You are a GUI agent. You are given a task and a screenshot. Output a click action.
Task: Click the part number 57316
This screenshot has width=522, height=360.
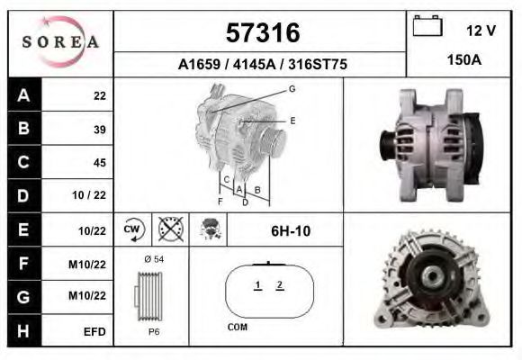click(262, 33)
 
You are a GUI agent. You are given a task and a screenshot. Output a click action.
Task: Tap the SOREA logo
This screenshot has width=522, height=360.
click(60, 42)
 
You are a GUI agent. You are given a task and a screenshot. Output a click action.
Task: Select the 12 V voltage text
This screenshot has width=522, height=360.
click(481, 30)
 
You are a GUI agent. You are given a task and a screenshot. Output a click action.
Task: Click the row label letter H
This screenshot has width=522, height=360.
click(23, 330)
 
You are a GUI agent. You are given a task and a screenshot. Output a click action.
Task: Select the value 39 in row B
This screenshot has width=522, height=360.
click(100, 130)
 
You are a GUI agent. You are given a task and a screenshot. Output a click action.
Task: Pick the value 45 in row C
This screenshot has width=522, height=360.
click(100, 163)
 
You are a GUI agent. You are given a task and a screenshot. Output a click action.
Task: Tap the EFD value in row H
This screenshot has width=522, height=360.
click(94, 331)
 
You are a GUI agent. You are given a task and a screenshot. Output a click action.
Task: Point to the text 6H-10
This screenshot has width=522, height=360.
click(290, 231)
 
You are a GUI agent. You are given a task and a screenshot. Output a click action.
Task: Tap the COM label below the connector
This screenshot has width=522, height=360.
click(237, 328)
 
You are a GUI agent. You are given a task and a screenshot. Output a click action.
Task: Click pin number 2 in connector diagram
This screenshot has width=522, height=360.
click(280, 285)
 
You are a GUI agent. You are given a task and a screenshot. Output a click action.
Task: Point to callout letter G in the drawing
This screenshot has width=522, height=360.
click(292, 89)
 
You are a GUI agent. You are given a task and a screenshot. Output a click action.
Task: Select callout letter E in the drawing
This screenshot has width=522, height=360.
click(292, 120)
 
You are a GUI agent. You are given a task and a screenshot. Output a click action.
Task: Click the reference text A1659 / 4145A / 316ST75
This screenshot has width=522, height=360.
click(262, 65)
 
